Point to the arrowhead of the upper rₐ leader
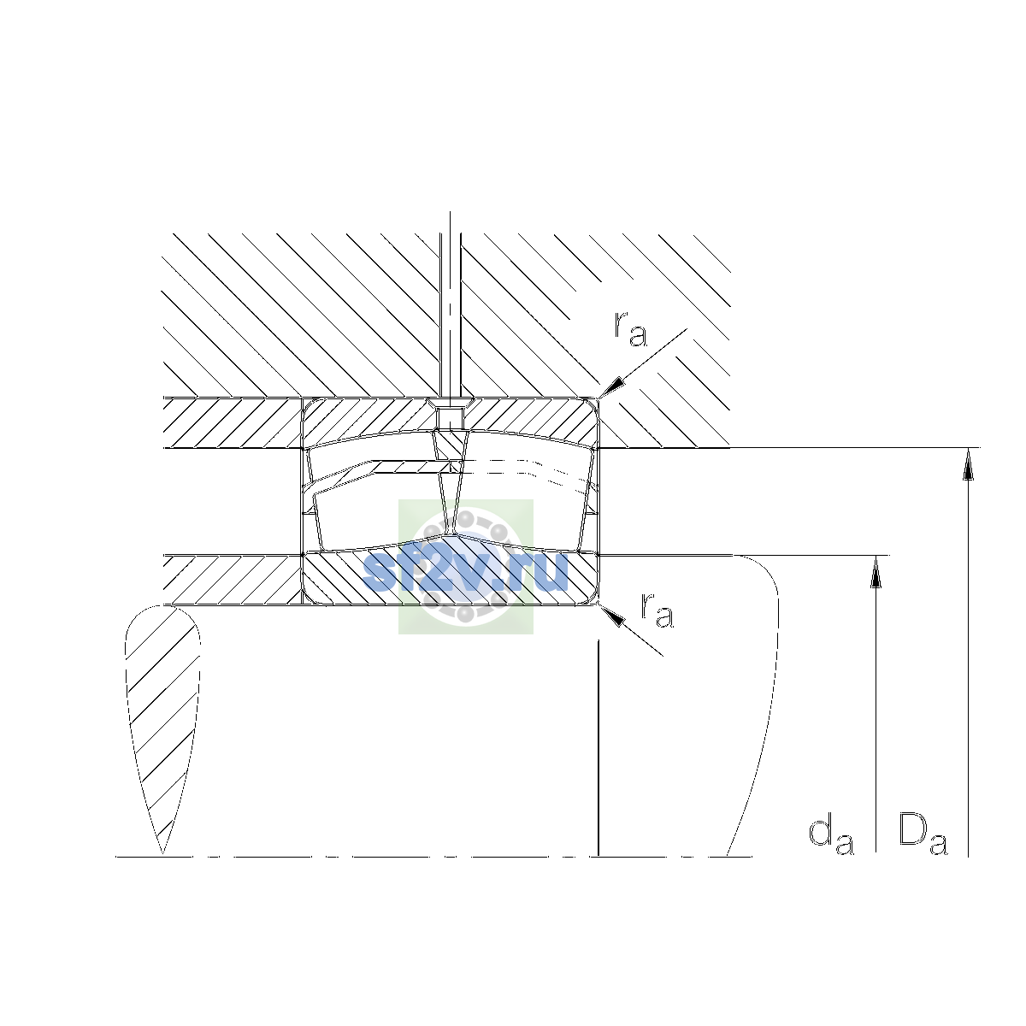[x=610, y=386]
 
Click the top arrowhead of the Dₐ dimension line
[x=968, y=463]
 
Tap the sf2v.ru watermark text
[x=465, y=571]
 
